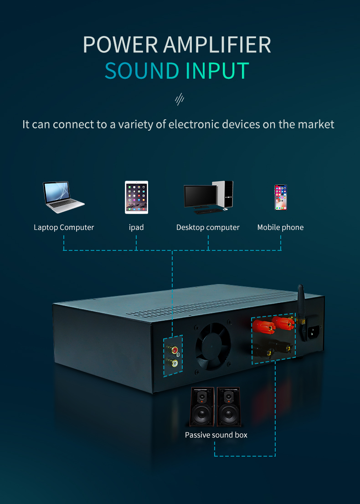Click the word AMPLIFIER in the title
(x=217, y=45)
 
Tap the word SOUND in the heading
(x=142, y=71)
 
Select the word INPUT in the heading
(x=217, y=71)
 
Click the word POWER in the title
(x=120, y=45)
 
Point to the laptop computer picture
(x=63, y=197)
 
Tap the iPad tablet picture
(x=136, y=197)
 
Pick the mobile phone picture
(x=280, y=197)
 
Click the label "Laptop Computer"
(x=64, y=227)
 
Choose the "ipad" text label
(x=136, y=227)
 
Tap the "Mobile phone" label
(x=280, y=227)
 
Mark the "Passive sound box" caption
(x=216, y=435)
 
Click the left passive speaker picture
(x=202, y=406)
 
